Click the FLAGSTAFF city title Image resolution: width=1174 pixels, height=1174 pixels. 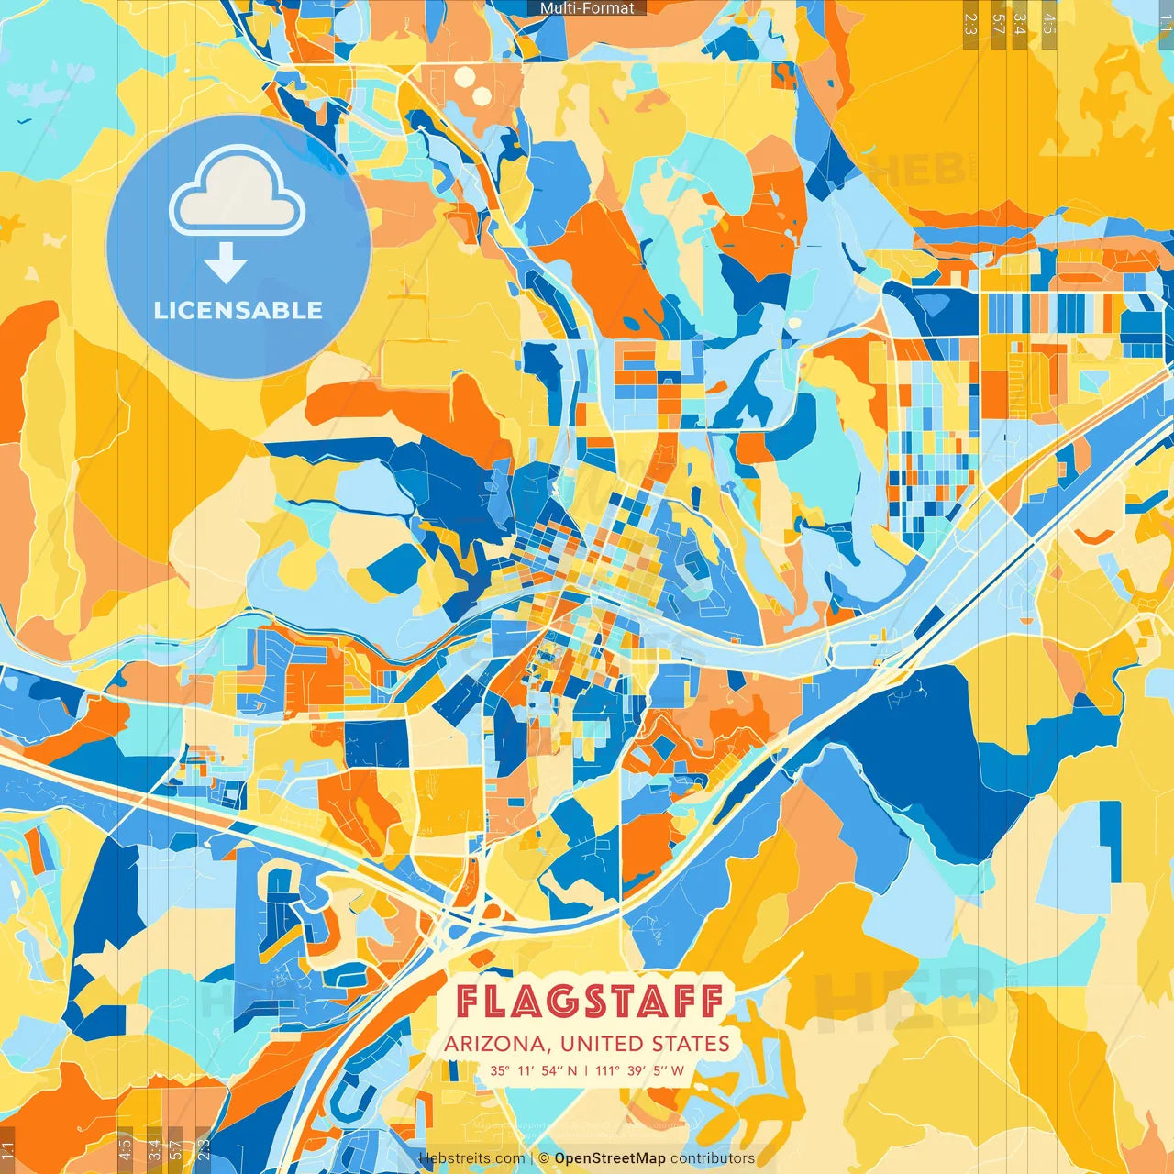588,1002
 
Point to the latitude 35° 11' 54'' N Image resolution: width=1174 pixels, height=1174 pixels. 534,1070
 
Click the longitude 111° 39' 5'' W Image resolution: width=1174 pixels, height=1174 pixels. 640,1070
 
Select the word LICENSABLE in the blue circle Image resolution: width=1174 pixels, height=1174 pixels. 238,310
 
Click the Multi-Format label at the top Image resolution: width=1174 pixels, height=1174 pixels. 587,8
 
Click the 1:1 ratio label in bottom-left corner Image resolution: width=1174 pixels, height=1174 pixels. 7,1150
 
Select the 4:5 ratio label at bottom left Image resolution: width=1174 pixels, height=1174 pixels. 125,1150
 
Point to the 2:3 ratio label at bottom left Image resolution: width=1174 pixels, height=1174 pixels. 204,1150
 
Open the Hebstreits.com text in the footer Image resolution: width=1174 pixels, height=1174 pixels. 471,1158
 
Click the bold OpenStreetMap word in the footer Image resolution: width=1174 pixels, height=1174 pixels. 610,1158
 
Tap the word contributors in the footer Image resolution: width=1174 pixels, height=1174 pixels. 713,1158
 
